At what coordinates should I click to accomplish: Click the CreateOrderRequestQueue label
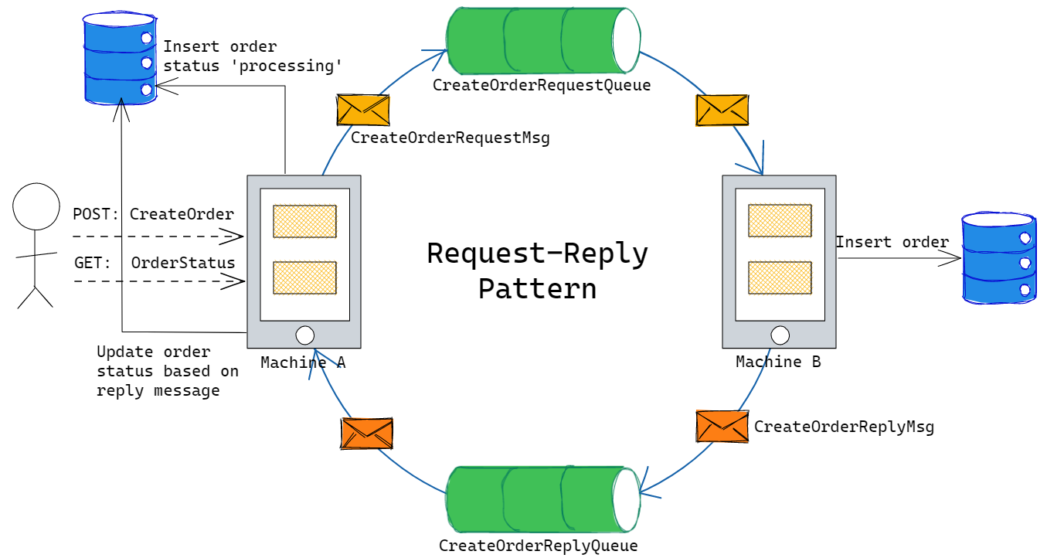tap(541, 85)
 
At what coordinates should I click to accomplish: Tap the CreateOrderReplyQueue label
tap(538, 546)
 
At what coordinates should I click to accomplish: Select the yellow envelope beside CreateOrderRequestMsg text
tap(362, 110)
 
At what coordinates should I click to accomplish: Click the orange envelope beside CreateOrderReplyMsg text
tap(722, 427)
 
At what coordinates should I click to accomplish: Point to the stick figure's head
tap(36, 207)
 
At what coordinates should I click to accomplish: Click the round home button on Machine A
tap(304, 335)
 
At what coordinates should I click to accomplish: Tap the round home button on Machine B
tap(780, 335)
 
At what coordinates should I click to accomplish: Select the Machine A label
tap(302, 362)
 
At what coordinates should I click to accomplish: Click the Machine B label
tap(777, 362)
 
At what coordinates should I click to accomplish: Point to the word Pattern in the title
tap(537, 288)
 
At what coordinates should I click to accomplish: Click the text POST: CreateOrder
tap(153, 214)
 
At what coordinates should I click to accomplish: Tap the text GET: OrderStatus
tap(154, 263)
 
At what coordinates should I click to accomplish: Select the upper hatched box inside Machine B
tap(779, 220)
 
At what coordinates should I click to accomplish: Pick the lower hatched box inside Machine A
tap(304, 277)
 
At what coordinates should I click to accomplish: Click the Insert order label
tap(892, 242)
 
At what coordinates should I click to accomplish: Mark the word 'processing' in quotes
tap(287, 66)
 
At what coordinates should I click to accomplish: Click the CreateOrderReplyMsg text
tap(844, 427)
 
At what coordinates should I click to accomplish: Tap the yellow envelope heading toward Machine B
tap(722, 110)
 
